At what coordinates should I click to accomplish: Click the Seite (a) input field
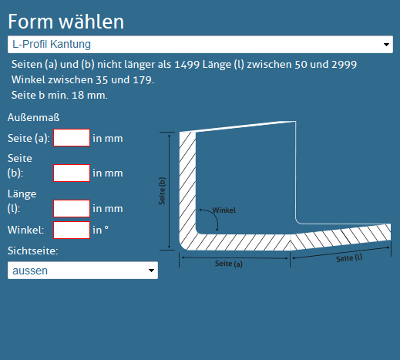(x=72, y=138)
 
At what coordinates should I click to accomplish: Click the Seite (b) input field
(x=72, y=173)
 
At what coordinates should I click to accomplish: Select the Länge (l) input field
(x=72, y=208)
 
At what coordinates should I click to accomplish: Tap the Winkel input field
(x=72, y=230)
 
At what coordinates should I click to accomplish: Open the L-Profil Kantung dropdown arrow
(x=386, y=45)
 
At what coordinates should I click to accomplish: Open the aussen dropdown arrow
(x=151, y=271)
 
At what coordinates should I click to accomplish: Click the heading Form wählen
(x=66, y=22)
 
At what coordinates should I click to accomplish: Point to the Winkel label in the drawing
(x=224, y=210)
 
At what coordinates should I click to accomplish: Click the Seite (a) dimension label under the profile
(x=229, y=264)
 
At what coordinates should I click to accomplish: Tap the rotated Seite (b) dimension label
(x=162, y=191)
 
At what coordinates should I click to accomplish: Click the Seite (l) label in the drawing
(x=349, y=258)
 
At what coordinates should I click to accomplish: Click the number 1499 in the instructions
(x=187, y=65)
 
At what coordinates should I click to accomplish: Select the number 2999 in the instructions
(x=344, y=65)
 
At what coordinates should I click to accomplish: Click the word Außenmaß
(x=34, y=118)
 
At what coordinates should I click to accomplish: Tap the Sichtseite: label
(x=33, y=251)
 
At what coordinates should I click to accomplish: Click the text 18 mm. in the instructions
(x=89, y=96)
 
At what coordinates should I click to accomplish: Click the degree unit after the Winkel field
(x=106, y=227)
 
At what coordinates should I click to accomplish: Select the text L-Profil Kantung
(x=52, y=44)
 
